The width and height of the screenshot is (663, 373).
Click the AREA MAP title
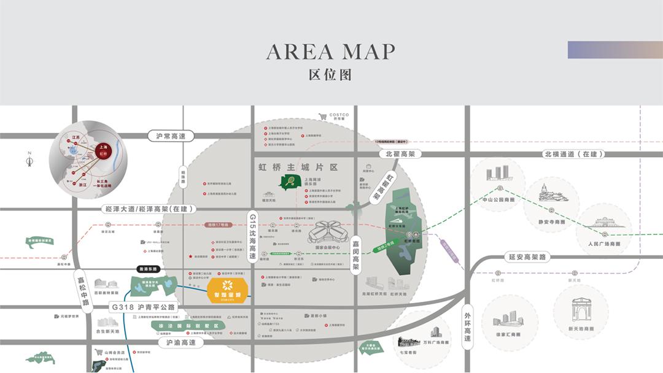[330, 52]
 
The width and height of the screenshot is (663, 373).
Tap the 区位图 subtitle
[330, 75]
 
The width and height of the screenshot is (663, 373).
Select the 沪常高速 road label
[166, 136]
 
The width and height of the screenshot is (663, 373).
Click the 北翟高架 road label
[397, 154]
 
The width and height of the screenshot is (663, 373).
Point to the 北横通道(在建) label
[573, 154]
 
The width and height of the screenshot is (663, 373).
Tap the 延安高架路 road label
[527, 257]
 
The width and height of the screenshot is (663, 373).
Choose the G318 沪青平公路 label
[143, 306]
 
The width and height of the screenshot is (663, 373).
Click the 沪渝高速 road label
[176, 342]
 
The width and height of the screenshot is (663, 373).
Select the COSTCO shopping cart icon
[323, 117]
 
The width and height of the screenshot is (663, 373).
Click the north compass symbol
[29, 161]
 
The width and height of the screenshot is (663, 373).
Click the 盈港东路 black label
[147, 269]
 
